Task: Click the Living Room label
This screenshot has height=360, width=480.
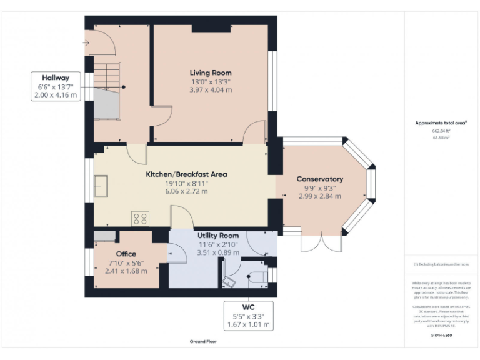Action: [x=211, y=72]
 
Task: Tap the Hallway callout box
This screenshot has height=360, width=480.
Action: [x=57, y=86]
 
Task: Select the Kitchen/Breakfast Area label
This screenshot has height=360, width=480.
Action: [x=186, y=174]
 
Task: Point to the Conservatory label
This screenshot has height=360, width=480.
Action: [x=319, y=179]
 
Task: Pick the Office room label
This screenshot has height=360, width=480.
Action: [x=126, y=254]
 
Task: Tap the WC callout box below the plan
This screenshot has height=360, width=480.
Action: [x=249, y=316]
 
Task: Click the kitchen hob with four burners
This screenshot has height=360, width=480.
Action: [x=141, y=218]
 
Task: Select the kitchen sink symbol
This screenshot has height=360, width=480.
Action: [x=102, y=186]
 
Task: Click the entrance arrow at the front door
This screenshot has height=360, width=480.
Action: [x=86, y=43]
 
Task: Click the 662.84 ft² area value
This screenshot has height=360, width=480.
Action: [x=441, y=131]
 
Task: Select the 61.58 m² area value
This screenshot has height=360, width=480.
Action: [x=441, y=137]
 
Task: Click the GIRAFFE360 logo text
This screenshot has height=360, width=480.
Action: [x=441, y=336]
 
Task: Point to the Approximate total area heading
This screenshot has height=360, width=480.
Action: [x=441, y=123]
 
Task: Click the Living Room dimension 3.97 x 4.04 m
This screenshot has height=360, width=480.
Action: [x=211, y=90]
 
